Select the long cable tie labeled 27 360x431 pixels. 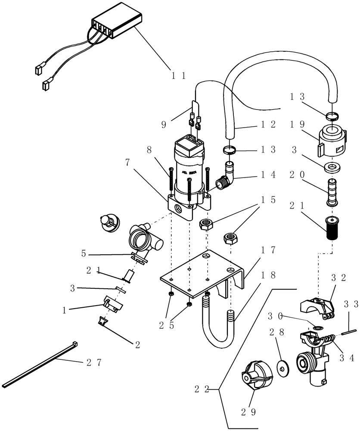(x=39, y=364)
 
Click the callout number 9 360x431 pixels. (x=164, y=125)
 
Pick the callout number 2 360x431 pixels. (x=137, y=344)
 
